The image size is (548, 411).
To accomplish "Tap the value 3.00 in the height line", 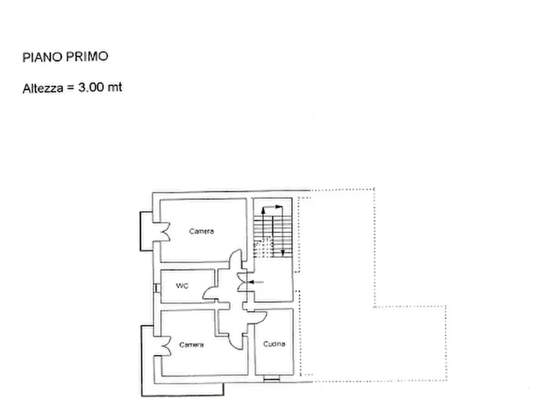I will click(91, 88).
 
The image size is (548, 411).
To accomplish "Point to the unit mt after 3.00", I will click(115, 88).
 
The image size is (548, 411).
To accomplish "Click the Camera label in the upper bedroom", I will click(201, 231).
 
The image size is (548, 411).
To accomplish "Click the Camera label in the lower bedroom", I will click(191, 345).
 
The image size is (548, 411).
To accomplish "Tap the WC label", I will click(182, 286).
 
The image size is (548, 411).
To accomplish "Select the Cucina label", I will click(274, 344).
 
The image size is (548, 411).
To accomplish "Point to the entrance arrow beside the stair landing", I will click(258, 282).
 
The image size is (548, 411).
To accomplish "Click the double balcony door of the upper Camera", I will click(164, 231).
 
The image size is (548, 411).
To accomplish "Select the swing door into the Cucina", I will click(258, 318).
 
